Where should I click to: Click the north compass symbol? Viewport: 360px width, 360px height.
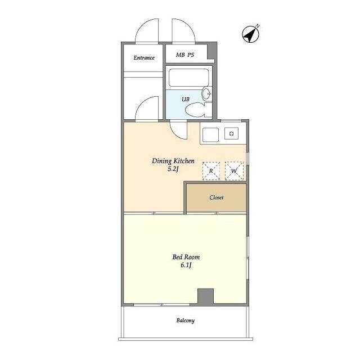click(x=251, y=34)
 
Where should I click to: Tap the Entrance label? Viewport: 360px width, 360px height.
click(x=144, y=57)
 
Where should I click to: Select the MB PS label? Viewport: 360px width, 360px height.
click(x=185, y=55)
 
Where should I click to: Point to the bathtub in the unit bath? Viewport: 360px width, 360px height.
click(x=189, y=78)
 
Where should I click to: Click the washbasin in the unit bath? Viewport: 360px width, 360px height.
click(x=207, y=94)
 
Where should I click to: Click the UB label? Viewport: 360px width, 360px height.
click(x=186, y=99)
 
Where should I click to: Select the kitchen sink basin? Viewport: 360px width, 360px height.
click(x=210, y=135)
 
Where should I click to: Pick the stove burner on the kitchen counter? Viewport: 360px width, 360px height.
click(x=231, y=133)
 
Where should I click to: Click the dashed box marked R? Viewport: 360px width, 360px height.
click(x=211, y=171)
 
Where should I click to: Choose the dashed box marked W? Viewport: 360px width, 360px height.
click(x=234, y=171)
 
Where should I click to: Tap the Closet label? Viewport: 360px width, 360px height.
click(x=216, y=197)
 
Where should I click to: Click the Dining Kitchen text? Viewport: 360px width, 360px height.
click(x=173, y=161)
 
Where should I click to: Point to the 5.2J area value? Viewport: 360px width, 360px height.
click(x=173, y=169)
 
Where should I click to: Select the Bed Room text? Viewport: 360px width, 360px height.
click(x=186, y=257)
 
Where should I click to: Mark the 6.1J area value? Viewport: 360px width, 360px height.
click(x=186, y=265)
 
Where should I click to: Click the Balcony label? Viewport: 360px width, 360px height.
click(x=186, y=321)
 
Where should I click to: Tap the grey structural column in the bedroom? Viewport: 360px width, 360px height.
click(x=206, y=296)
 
